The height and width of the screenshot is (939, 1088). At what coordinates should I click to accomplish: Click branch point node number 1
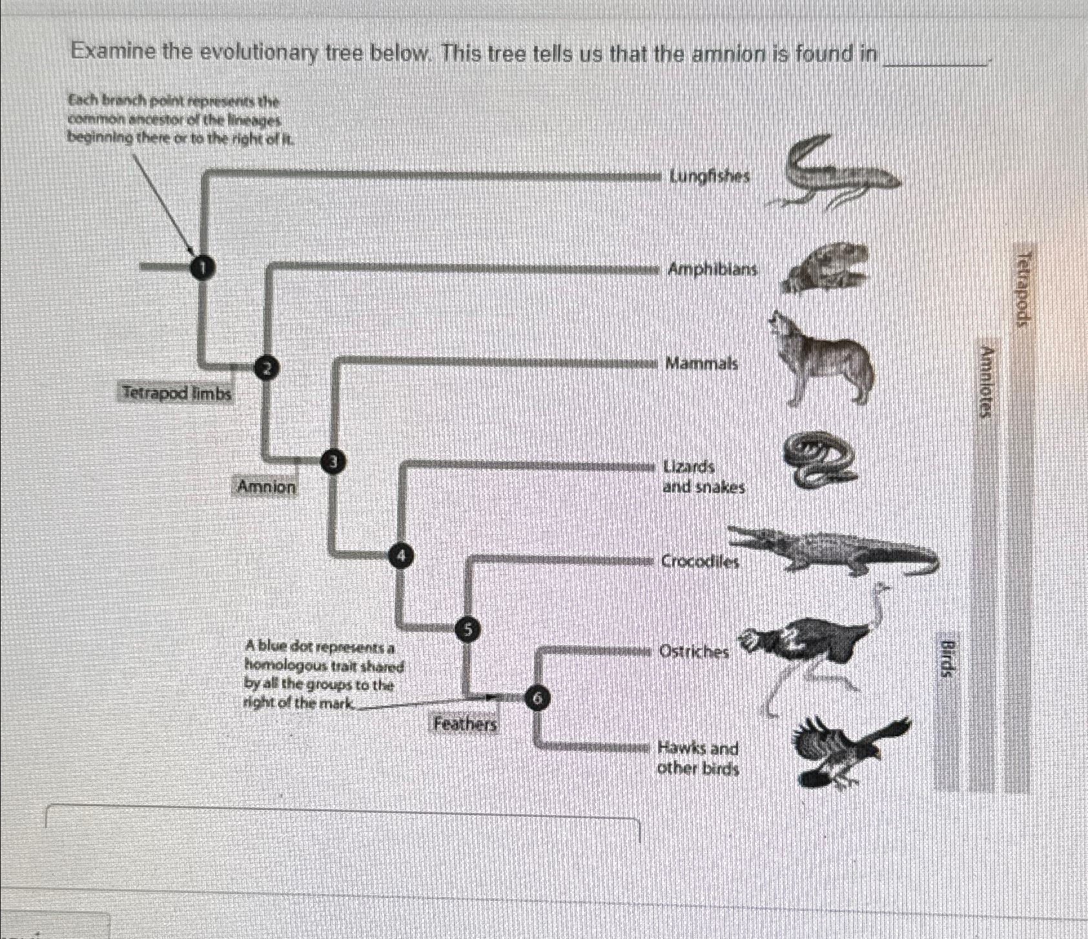202,266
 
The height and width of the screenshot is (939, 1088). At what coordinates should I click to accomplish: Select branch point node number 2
265,367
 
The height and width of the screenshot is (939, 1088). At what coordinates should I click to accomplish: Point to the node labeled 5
468,628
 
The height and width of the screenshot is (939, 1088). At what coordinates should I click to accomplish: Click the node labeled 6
539,697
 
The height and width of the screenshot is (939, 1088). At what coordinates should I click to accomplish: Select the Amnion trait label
267,486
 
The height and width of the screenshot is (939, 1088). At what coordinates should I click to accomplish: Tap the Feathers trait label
465,724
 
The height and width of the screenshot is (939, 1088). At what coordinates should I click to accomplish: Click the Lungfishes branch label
710,176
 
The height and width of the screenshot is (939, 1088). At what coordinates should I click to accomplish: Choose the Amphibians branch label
712,269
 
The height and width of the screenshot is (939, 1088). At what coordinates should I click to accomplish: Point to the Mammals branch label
701,364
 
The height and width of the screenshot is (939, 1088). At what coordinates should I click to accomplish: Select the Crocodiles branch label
700,561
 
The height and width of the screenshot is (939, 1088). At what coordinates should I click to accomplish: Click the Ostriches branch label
693,652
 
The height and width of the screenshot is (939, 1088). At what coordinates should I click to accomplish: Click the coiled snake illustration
817,460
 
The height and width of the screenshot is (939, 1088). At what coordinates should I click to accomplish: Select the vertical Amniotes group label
985,382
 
